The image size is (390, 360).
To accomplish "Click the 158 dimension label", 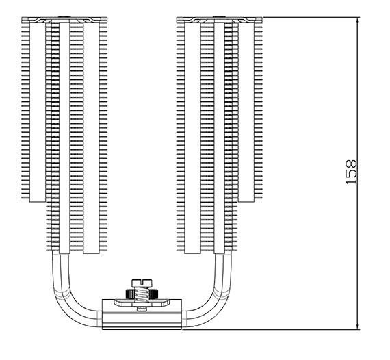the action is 351,172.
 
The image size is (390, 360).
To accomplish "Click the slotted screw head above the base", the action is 142,283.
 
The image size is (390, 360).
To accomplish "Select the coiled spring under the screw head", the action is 142,295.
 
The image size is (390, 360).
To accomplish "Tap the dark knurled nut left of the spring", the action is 130,294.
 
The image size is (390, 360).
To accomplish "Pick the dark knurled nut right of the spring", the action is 153,294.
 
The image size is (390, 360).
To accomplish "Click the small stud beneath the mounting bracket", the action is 142,309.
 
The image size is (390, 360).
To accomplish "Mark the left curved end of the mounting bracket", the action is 118,303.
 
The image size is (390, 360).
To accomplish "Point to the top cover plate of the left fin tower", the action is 64,20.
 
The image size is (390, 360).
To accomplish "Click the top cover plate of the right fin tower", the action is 220,20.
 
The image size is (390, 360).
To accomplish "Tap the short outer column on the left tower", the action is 38,112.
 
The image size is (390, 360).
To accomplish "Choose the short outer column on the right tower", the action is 246,112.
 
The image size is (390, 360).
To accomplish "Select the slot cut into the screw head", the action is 142,281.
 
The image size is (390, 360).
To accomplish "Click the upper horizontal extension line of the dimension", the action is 311,17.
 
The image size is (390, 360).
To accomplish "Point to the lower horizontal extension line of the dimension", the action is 271,330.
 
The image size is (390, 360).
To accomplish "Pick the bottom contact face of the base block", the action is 142,329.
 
